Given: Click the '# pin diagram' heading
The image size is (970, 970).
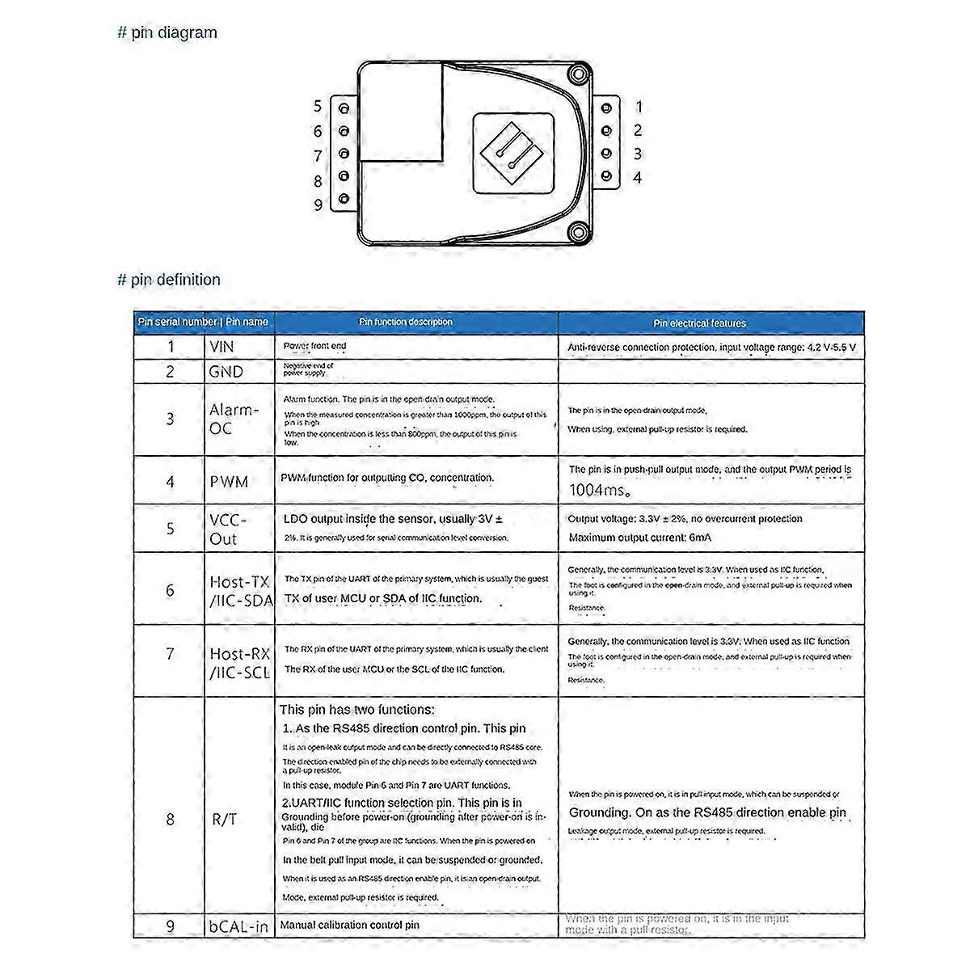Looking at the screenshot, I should coord(167,33).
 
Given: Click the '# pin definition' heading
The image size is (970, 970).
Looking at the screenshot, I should coord(169,280).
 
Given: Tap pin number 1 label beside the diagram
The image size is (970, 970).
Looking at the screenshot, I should coord(639,107).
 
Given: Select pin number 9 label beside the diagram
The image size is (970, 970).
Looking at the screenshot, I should coord(318,205).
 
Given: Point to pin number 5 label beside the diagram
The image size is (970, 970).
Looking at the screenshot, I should coord(318,106).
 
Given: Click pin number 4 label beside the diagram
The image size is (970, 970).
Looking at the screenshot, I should coord(638,177).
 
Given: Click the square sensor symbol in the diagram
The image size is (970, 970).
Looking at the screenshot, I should coord(512,152).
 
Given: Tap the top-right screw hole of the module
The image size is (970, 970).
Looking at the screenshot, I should coord(576,75).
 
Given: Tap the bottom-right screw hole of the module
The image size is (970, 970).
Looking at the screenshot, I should coord(576,232).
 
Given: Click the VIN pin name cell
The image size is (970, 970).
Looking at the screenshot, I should coord(221,347).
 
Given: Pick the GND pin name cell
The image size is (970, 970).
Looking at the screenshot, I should coord(226,372).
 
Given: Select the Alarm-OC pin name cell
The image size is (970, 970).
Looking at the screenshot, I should coord(234,419).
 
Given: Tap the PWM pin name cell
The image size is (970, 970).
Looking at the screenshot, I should coord(229,482).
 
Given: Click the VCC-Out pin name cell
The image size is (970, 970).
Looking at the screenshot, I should coord(228,529).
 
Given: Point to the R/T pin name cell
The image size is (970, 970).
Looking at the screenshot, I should coord(224,819).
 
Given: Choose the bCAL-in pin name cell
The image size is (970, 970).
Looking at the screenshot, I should coord(238,926).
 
